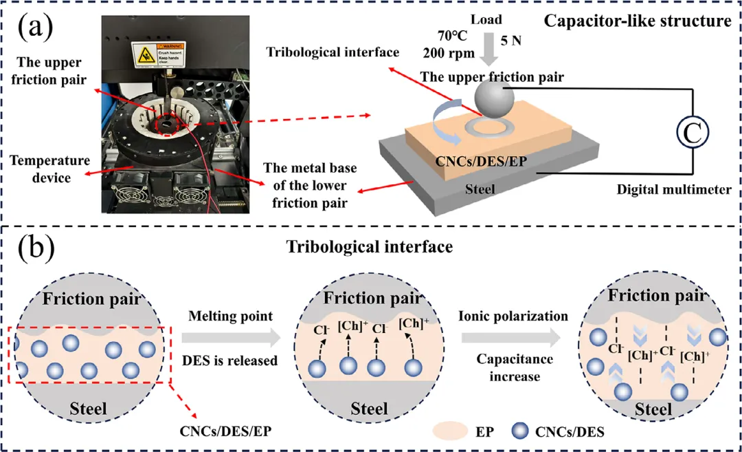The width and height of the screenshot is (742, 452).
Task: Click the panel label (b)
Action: click(35, 245)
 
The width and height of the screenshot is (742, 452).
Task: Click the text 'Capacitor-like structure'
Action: click(638, 21)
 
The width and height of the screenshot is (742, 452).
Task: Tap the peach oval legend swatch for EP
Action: click(450, 432)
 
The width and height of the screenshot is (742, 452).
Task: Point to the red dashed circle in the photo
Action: click(169, 126)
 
